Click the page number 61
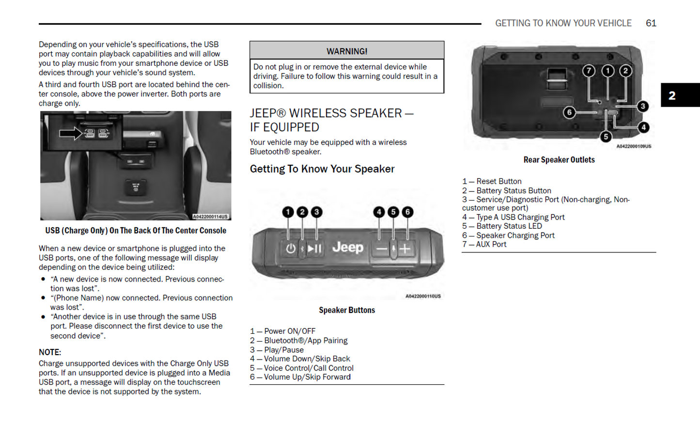pos(651,23)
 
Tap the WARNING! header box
pos(347,51)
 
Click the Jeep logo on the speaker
pos(347,248)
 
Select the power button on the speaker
pos(290,249)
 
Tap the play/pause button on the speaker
pos(314,249)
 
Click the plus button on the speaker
pos(405,249)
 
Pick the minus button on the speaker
pos(382,249)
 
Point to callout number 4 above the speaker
pos(379,212)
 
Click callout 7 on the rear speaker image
pos(589,71)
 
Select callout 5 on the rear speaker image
pos(606,137)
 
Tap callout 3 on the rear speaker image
pos(643,106)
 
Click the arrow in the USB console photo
pos(71,133)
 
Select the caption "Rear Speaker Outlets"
pos(559,160)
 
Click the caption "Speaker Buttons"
pos(347,310)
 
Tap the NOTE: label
pos(50,352)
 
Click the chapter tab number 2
pos(672,95)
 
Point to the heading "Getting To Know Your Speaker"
pos(322,169)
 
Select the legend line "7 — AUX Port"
pos(484,244)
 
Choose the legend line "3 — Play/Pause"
pos(277,350)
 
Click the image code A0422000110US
pos(423,296)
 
